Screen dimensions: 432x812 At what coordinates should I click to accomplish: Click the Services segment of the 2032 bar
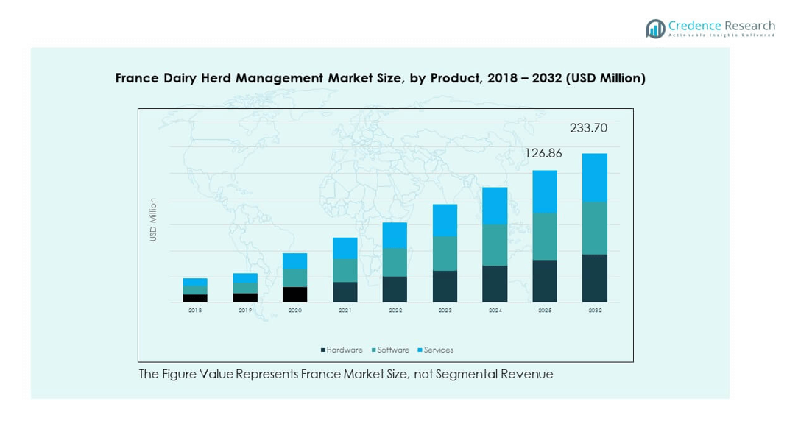coord(594,177)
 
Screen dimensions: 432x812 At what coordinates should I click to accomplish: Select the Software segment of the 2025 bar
coord(545,236)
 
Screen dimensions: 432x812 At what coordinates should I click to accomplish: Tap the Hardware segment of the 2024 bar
coord(495,283)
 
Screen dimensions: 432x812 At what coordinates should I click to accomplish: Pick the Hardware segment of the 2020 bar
coord(294,294)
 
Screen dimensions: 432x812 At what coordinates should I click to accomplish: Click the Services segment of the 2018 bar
coord(194,282)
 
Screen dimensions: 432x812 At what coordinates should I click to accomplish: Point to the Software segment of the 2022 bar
coord(395,262)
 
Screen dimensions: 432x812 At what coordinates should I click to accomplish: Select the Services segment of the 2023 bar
coord(445,220)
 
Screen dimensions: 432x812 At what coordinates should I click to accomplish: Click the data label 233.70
coord(588,128)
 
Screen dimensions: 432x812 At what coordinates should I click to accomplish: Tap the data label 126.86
coord(543,153)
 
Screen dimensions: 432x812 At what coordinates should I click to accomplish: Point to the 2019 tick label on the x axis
coord(245,311)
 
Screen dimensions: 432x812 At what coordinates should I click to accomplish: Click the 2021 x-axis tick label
coord(345,311)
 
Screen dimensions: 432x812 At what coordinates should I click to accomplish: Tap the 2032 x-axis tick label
coord(595,311)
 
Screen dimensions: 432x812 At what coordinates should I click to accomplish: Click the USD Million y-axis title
coord(153,219)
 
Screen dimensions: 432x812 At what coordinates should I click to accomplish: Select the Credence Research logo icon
coord(655,29)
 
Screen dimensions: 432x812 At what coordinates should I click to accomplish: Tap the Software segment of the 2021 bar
coord(345,270)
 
